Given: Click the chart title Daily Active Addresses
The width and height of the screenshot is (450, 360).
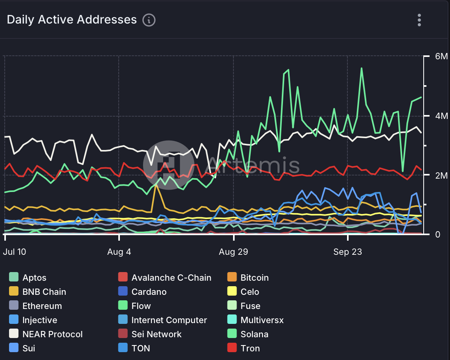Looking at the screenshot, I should coord(72,20).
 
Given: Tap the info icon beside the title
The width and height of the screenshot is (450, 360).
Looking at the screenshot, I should coord(149,20).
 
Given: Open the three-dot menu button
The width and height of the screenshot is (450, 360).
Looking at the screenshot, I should coord(419,20).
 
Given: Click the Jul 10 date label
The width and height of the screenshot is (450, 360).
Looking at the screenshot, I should coord(15,252).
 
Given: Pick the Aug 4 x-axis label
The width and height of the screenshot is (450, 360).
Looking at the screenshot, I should coord(119,252).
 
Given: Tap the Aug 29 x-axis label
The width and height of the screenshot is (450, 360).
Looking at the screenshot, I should coord(233,252).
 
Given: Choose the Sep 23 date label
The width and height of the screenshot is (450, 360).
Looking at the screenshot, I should coord(348,252).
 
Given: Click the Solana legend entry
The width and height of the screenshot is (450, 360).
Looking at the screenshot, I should coord(254,334).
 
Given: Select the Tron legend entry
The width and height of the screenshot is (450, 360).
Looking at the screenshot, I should coord(250,348).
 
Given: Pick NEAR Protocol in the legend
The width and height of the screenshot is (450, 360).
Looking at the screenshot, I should coord(52,334).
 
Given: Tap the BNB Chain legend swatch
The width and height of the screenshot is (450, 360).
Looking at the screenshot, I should coord(14,292).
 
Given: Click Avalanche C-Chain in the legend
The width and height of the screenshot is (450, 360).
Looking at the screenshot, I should coord(171,278).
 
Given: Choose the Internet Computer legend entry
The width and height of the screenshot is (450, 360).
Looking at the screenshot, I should coord(169,320).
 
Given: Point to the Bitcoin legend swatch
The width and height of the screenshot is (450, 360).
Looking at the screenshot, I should coord(232,278).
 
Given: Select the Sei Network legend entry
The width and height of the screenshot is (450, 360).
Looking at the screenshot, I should coord(156,334).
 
